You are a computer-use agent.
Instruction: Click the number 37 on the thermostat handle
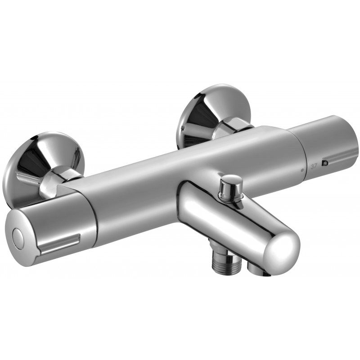315,165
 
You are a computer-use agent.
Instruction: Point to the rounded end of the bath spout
283,247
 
